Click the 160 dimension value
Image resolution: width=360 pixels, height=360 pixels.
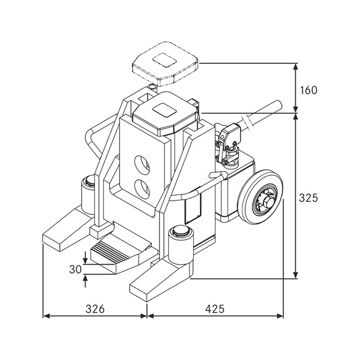point(309,89)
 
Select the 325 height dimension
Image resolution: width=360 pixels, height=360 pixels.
point(308,198)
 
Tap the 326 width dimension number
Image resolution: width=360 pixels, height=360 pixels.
point(94,308)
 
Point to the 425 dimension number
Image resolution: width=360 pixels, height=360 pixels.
point(214,308)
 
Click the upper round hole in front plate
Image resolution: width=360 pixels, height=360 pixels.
point(143,164)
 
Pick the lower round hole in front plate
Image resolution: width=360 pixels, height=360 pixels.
point(143,187)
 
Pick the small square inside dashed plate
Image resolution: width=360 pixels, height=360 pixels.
point(166,59)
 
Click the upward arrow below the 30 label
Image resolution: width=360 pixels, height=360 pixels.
point(85,279)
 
